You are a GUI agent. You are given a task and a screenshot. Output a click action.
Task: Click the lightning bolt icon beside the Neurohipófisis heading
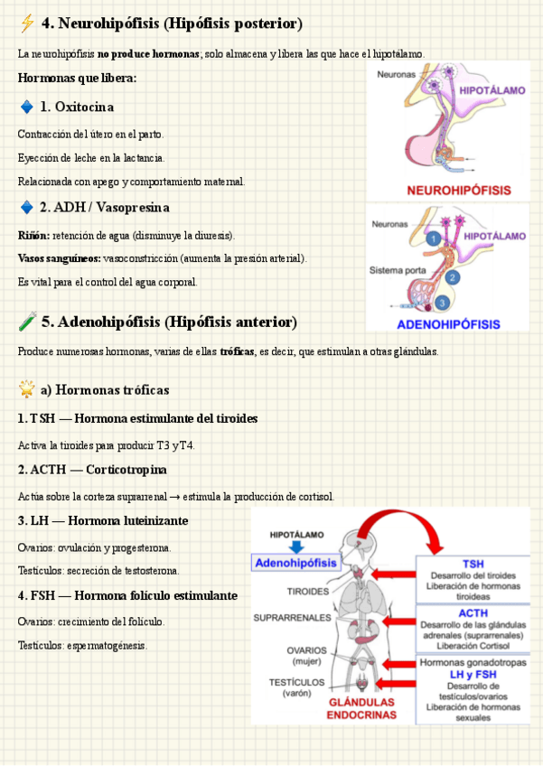click(x=27, y=23)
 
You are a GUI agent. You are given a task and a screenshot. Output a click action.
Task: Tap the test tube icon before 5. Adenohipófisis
click(x=27, y=322)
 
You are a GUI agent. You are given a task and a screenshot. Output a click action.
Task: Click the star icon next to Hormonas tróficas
click(x=27, y=390)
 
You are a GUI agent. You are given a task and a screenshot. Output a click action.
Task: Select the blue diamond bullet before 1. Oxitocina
click(x=26, y=107)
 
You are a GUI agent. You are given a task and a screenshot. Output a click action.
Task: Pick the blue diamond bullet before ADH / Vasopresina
click(x=26, y=208)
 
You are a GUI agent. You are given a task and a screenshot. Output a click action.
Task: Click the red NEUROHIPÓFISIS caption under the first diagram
click(x=458, y=191)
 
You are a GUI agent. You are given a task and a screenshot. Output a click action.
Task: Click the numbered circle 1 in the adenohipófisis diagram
click(x=435, y=239)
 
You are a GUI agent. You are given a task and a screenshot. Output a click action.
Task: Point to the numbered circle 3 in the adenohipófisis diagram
click(x=442, y=303)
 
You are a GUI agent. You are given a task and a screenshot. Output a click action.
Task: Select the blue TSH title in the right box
click(x=473, y=564)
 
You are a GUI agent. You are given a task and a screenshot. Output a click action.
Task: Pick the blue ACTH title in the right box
click(x=473, y=613)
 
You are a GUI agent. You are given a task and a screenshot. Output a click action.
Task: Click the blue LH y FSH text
click(x=473, y=674)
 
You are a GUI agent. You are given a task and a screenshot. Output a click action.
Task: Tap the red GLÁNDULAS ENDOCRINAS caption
click(x=360, y=708)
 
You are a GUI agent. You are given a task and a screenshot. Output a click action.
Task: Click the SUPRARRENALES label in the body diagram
click(x=291, y=619)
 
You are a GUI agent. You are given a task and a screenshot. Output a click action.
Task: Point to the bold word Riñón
click(x=33, y=236)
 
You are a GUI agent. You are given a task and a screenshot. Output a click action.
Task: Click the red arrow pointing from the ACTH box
click(x=395, y=623)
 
